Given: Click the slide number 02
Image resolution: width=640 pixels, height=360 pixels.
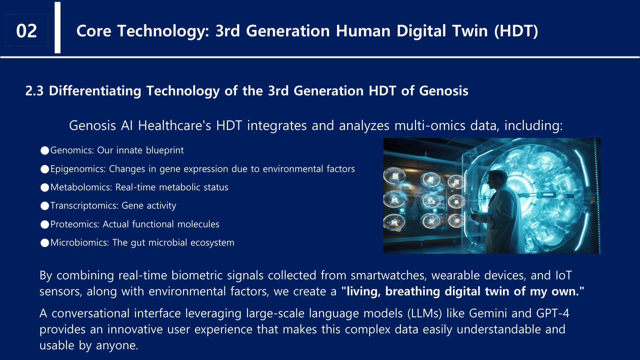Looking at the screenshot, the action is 26,31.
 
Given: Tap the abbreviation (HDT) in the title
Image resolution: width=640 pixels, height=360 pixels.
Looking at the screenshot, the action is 516,31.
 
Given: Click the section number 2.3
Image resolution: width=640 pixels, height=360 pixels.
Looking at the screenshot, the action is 34,91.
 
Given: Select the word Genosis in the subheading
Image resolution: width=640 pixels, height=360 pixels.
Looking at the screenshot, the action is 444,91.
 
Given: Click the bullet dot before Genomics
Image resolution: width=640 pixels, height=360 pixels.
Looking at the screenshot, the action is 45,151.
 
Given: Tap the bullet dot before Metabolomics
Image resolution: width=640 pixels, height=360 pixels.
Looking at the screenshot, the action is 45,188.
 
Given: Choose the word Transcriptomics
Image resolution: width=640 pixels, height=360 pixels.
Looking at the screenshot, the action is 84,206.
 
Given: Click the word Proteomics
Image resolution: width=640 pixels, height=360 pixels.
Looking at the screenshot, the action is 75,224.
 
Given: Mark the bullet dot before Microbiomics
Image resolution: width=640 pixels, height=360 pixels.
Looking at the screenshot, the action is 45,243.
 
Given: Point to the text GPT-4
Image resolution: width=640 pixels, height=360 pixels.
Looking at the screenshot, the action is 553,313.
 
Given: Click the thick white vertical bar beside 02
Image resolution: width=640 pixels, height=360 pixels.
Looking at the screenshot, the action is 58,27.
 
